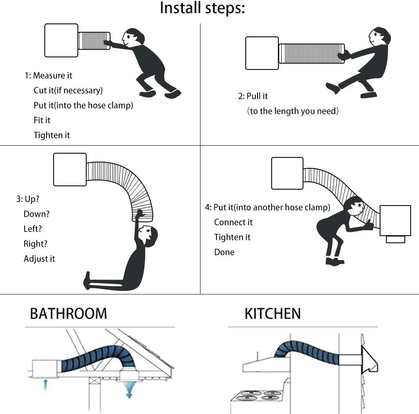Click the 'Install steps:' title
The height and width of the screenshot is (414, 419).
coord(202,8)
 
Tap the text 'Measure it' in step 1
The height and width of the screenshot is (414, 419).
coord(52,76)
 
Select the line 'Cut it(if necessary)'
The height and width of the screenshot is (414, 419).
coord(68,90)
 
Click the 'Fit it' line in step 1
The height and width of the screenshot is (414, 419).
coord(42,120)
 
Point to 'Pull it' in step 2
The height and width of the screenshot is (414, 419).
coord(257,96)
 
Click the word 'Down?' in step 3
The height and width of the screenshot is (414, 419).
coord(36,214)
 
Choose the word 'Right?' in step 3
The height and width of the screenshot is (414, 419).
coord(35,244)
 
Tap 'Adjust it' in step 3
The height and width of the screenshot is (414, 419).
coord(39,259)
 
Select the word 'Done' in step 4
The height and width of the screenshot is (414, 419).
coord(224,252)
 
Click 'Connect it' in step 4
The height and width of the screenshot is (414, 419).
coord(233,222)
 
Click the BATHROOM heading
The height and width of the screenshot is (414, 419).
coord(68,314)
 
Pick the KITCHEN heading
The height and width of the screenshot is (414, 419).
coord(272,314)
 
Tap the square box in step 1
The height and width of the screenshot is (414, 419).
coord(61,40)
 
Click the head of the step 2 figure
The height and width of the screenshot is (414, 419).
coord(379,36)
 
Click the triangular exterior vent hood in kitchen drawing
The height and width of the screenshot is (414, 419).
coord(369,360)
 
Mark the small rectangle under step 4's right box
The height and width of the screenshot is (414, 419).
coord(396,239)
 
